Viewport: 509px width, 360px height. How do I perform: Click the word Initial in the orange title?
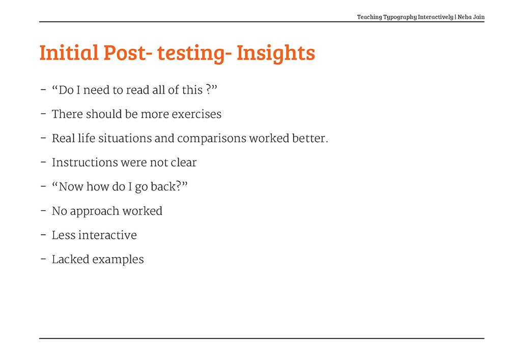69,52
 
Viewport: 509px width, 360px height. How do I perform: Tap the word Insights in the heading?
275,53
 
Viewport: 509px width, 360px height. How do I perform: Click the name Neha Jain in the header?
471,17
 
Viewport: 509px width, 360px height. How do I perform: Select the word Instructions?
83,162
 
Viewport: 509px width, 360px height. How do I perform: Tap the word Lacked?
70,259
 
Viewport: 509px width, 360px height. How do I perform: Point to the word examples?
118,260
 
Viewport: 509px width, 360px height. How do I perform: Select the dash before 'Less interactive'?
43,235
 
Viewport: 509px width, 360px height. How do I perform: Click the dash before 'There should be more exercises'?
43,114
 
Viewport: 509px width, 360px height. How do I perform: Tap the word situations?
125,139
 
